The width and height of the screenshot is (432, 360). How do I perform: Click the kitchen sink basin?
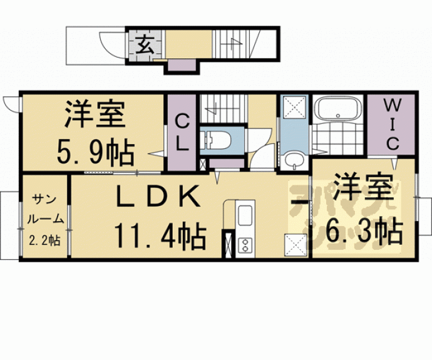(244, 215)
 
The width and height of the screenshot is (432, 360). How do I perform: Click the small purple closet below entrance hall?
(182, 66)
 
